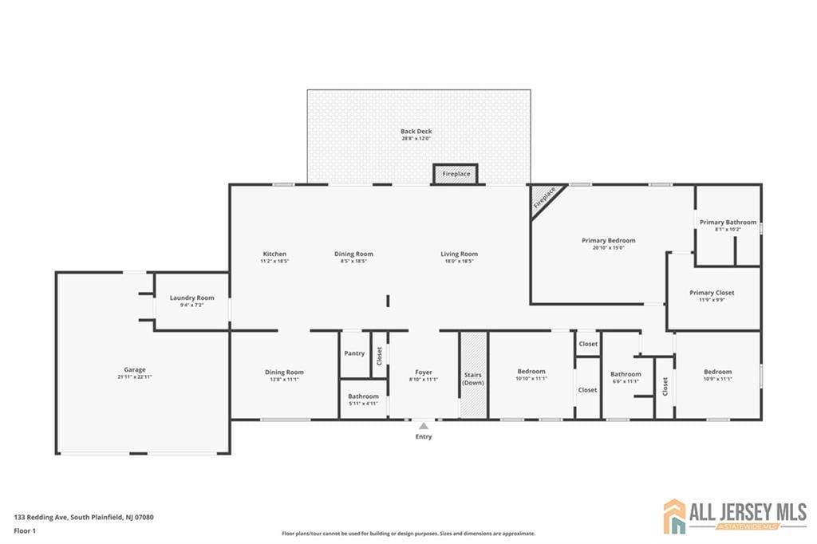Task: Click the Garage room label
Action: (134, 369)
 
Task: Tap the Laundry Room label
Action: (191, 298)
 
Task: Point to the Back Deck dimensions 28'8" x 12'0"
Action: (416, 139)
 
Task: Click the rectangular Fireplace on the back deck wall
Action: (456, 174)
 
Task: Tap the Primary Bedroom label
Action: (609, 240)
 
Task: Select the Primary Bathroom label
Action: (728, 223)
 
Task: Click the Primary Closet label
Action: (712, 293)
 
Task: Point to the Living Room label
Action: (459, 254)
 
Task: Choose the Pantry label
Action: (354, 353)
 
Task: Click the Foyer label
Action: (424, 373)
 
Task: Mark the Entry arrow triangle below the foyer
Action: (424, 426)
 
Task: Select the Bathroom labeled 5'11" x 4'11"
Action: (363, 400)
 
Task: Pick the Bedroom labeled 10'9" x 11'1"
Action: (717, 372)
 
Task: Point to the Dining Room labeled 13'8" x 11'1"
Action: (284, 373)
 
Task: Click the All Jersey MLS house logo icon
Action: (674, 516)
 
